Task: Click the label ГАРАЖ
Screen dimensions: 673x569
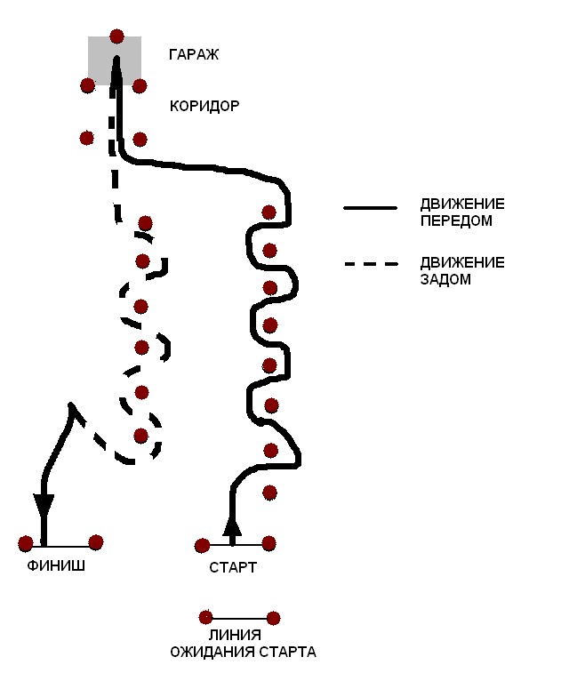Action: pyautogui.click(x=193, y=55)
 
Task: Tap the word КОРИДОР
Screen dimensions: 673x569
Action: pyautogui.click(x=204, y=107)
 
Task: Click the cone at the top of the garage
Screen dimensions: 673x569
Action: pyautogui.click(x=116, y=36)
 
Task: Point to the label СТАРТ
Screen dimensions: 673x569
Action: pyautogui.click(x=233, y=567)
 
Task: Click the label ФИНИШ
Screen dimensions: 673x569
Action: pyautogui.click(x=56, y=565)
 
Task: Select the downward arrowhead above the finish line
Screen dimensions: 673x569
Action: pyautogui.click(x=44, y=506)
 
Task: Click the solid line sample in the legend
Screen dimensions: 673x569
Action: pyautogui.click(x=370, y=207)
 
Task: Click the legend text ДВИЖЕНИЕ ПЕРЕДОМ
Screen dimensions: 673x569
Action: pyautogui.click(x=462, y=212)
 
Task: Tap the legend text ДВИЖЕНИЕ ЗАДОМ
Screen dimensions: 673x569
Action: pyautogui.click(x=462, y=270)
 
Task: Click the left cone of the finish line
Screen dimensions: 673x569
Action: pyautogui.click(x=26, y=543)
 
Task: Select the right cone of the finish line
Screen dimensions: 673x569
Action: pyautogui.click(x=96, y=541)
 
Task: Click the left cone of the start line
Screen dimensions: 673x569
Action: pyautogui.click(x=203, y=545)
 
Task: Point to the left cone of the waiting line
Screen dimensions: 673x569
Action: pyautogui.click(x=205, y=617)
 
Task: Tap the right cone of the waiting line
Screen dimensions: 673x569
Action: pyautogui.click(x=273, y=618)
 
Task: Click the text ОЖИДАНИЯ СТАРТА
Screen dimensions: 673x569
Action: pyautogui.click(x=243, y=652)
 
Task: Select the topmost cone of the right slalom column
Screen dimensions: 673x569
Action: pyautogui.click(x=268, y=212)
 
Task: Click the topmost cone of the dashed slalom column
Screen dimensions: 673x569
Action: pyautogui.click(x=145, y=223)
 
